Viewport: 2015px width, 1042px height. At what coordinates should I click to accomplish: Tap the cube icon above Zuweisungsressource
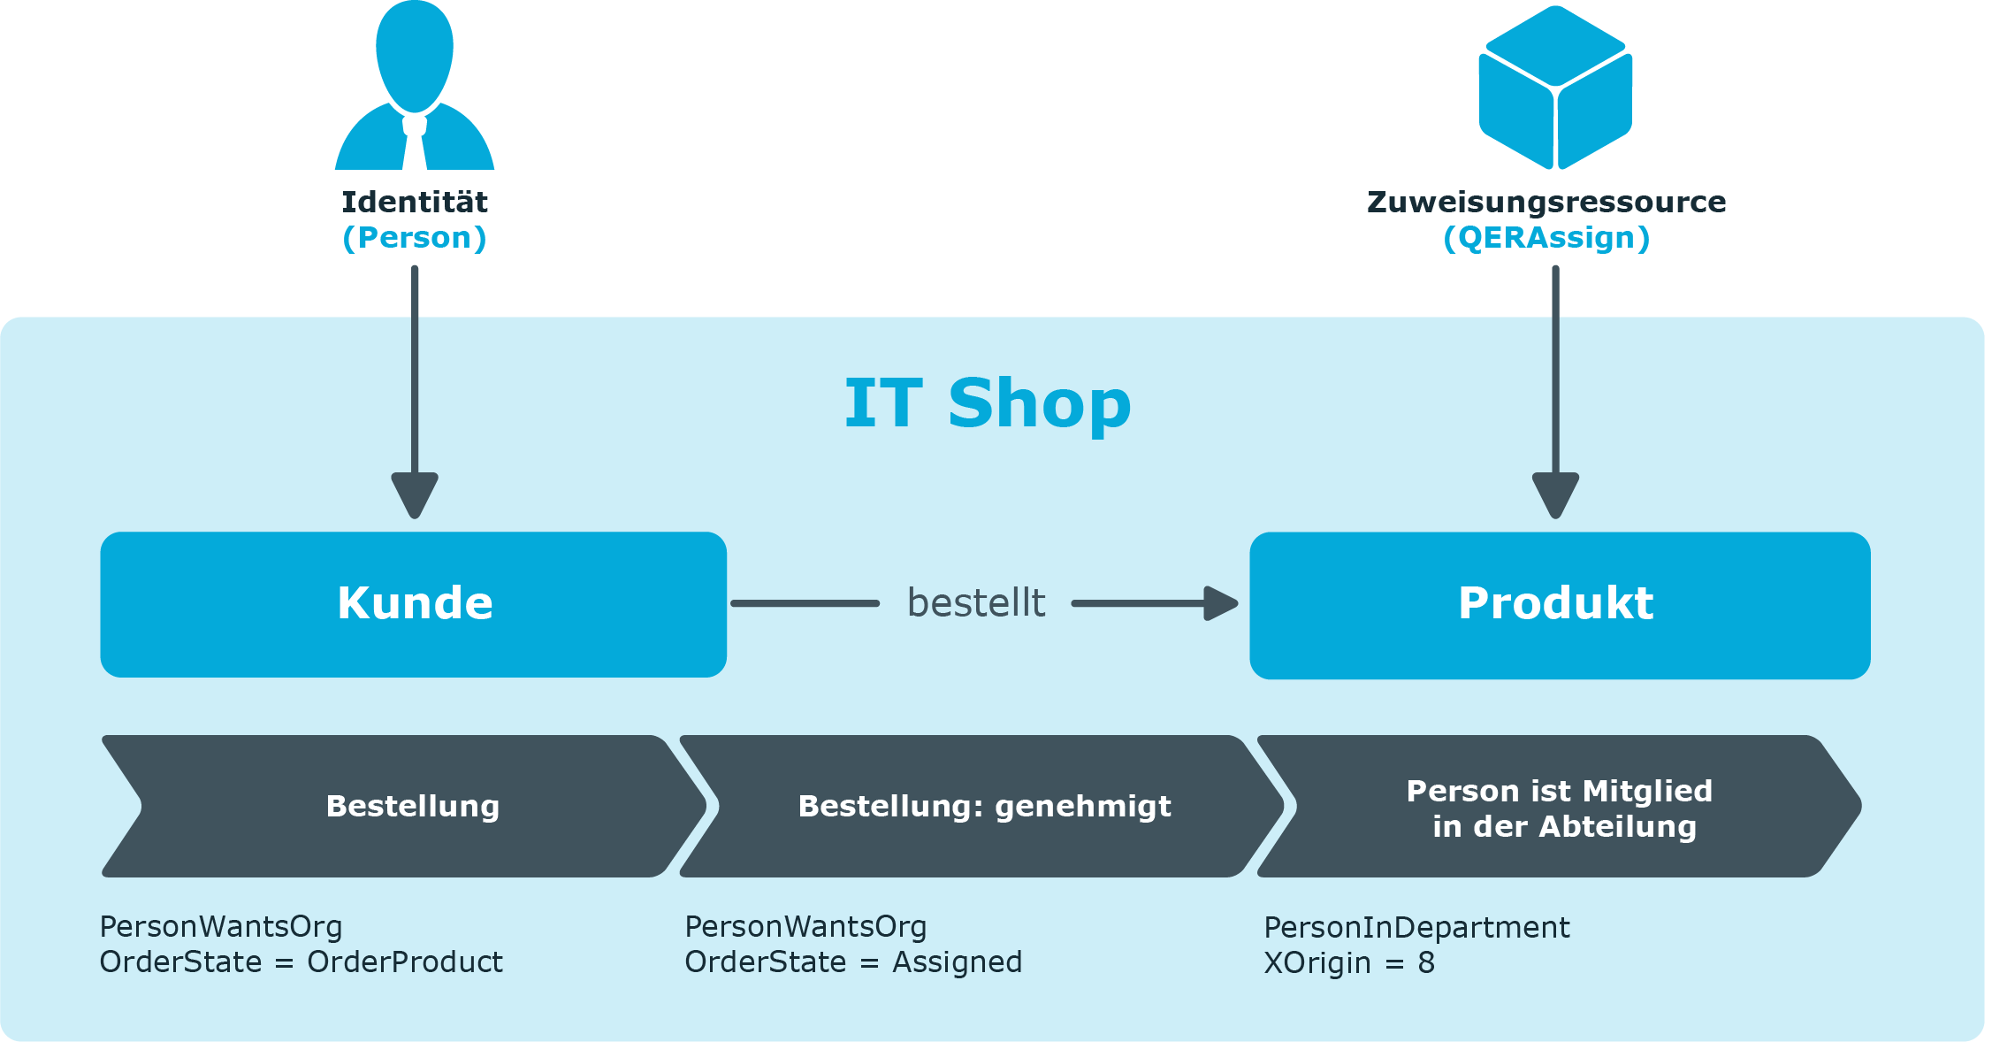[x=1555, y=87]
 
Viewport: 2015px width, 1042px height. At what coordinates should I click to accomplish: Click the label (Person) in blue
[x=415, y=238]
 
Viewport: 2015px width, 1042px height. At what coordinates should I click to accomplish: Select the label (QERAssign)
[x=1546, y=238]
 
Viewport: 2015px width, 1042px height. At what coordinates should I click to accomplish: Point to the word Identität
[x=415, y=202]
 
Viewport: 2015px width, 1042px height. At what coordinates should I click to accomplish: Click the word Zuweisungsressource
[x=1546, y=202]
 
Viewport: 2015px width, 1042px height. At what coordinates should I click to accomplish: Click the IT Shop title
[x=988, y=403]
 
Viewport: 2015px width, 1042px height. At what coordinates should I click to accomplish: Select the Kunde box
[x=414, y=604]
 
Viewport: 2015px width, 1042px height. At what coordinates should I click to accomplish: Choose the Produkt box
[x=1560, y=605]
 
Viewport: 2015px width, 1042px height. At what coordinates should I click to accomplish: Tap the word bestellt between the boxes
[x=976, y=603]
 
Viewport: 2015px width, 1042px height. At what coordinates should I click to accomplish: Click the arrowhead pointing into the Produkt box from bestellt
[x=1221, y=603]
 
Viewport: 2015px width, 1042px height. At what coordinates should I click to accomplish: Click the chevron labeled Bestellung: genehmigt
[x=982, y=806]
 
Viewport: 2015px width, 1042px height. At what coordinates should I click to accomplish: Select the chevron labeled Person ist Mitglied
[x=1560, y=806]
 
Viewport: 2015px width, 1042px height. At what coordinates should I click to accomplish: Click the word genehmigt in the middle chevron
[x=1083, y=807]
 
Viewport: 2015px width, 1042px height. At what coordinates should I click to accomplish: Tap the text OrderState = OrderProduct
[x=301, y=962]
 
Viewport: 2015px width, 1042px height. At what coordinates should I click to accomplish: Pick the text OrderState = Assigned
[x=853, y=962]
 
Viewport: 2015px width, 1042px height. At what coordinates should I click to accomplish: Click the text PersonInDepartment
[x=1416, y=928]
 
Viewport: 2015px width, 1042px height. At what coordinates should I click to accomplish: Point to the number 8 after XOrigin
[x=1426, y=963]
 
